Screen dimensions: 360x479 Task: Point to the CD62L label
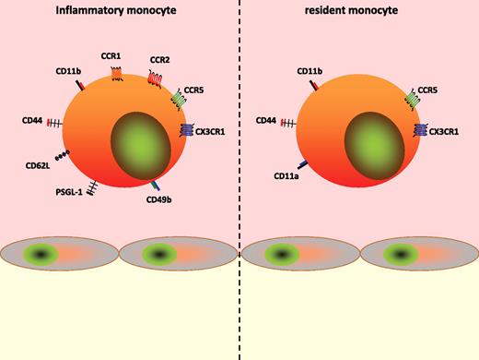click(38, 167)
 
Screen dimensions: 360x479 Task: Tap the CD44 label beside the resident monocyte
click(266, 120)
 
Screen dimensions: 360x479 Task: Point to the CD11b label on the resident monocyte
click(310, 70)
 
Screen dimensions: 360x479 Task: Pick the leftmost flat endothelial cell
click(60, 255)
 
